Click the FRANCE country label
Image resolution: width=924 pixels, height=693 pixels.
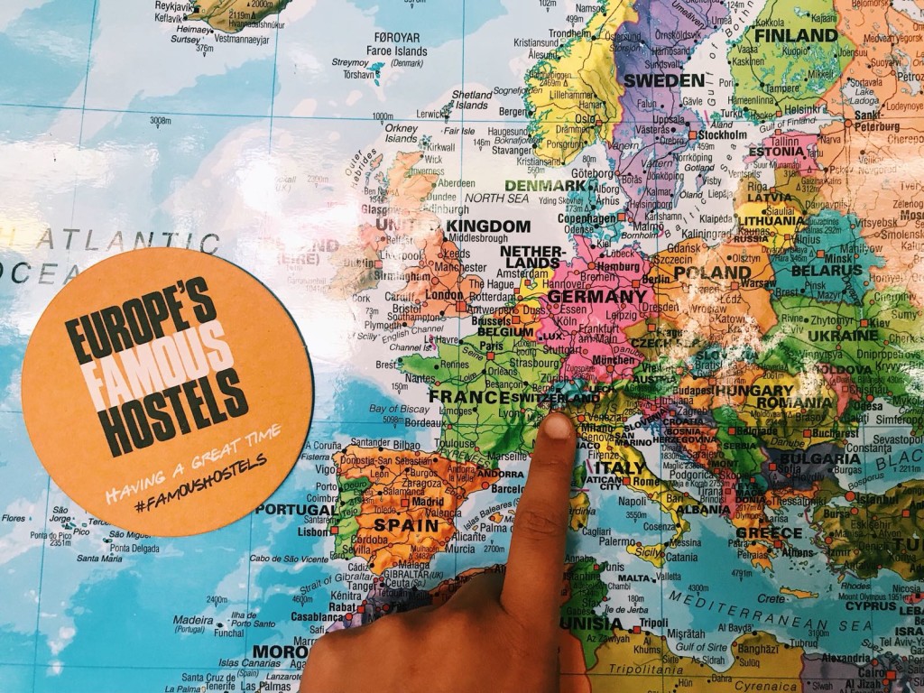pos(468,396)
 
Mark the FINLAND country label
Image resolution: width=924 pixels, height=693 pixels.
pos(795,35)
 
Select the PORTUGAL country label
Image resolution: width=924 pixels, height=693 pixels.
pos(295,509)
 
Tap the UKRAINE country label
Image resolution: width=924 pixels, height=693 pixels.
pos(845,335)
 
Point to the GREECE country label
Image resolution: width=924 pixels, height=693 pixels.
pos(769,532)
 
